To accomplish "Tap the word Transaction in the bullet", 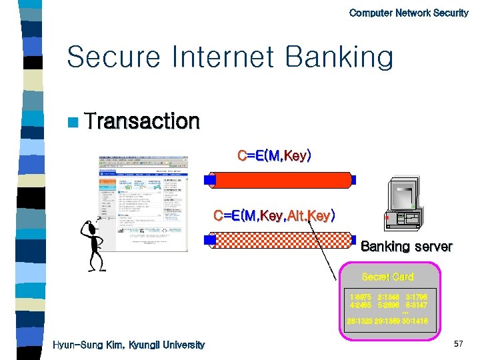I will coord(142,121).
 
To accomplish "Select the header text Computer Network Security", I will coord(409,13).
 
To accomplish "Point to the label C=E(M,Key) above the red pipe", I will coord(274,156).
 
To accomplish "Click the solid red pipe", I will coord(282,180).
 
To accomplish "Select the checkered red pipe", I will coord(282,240).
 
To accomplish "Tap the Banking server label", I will coord(406,247).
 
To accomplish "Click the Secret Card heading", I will coord(387,277).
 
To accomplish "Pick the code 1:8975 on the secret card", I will coord(361,296).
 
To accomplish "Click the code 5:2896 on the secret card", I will coord(388,305).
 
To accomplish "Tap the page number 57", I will coord(458,343).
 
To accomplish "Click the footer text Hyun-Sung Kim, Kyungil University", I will coord(129,345).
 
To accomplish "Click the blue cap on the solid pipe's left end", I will coord(210,180).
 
